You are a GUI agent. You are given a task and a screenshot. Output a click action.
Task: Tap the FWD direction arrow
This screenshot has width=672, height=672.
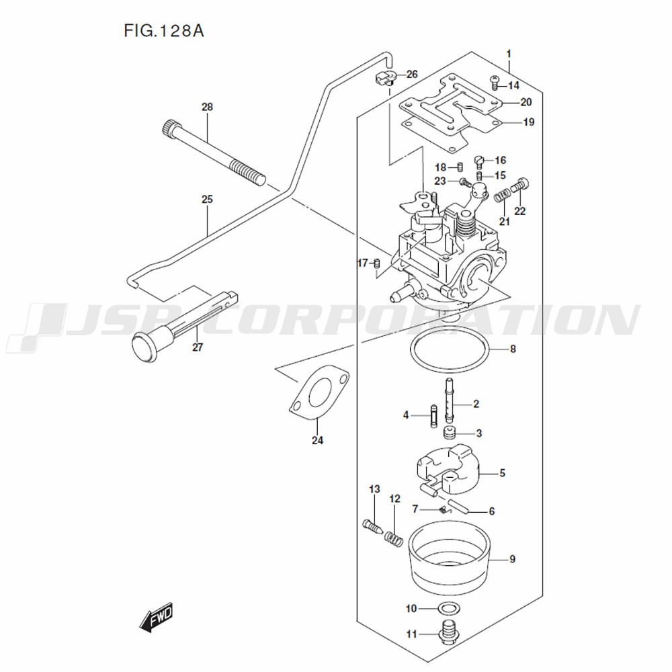[x=157, y=616]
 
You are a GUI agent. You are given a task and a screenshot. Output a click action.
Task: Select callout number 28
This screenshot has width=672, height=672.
[x=207, y=107]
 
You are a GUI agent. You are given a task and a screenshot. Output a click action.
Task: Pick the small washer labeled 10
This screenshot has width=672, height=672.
[x=445, y=609]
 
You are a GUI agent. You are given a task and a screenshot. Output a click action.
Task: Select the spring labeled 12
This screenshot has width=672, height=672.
[x=394, y=537]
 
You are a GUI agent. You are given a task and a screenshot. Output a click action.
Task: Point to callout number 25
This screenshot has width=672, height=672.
[x=207, y=200]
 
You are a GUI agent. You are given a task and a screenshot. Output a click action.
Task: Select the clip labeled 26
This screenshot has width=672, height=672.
[x=383, y=78]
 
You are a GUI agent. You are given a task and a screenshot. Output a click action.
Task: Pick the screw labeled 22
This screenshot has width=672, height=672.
[x=521, y=183]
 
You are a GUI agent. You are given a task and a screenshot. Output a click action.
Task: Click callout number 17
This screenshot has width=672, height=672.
[x=362, y=263]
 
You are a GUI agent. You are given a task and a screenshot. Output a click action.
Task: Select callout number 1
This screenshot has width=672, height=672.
[x=509, y=52]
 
